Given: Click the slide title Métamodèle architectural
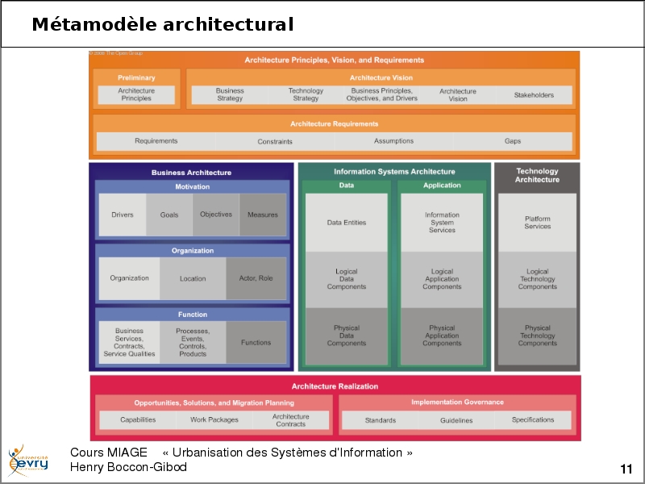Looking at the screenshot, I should click(162, 25).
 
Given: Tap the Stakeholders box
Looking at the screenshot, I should click(534, 95).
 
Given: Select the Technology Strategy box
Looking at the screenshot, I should click(306, 95).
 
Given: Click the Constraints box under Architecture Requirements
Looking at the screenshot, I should click(275, 141).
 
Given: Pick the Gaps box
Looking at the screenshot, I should click(513, 141).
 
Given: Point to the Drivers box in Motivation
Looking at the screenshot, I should click(123, 215).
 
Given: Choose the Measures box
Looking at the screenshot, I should click(263, 215).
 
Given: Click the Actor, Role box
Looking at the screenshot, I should click(256, 278).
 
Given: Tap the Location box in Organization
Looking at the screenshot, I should click(193, 278).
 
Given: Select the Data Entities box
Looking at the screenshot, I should click(347, 223).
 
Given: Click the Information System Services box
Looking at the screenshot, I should click(442, 223).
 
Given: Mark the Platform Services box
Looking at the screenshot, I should click(537, 223).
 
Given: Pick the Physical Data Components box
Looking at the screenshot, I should click(347, 336).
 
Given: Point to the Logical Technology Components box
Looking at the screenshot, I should click(537, 279).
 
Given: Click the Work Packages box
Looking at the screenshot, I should click(214, 420).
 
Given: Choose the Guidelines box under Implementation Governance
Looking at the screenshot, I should click(456, 420).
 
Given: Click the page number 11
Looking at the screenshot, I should click(626, 469).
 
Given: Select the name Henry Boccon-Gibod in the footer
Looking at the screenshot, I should click(128, 467).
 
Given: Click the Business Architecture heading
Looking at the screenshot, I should click(191, 173).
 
